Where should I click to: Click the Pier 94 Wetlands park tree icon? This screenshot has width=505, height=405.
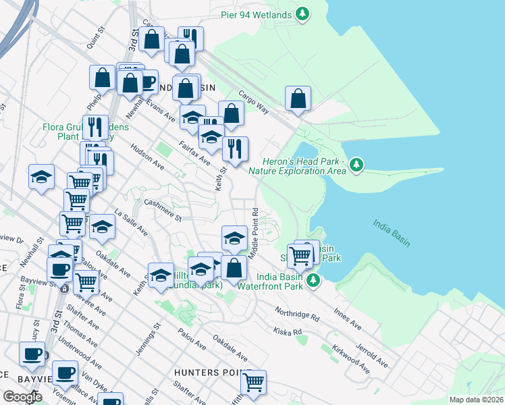tap(303, 14)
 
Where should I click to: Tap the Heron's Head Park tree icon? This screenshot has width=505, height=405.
tap(356, 164)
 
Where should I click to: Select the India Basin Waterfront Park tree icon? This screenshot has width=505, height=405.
tap(313, 280)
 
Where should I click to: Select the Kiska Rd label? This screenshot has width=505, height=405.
tap(287, 331)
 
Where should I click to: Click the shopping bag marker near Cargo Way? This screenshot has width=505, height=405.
tap(298, 99)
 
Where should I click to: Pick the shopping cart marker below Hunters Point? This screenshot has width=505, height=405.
tap(254, 382)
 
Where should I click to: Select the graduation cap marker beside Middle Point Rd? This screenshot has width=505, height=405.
tap(234, 238)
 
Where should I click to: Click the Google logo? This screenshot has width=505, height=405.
tap(22, 397)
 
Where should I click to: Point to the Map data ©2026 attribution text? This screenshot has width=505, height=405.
tap(476, 400)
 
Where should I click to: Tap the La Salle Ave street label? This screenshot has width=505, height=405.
tap(132, 222)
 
